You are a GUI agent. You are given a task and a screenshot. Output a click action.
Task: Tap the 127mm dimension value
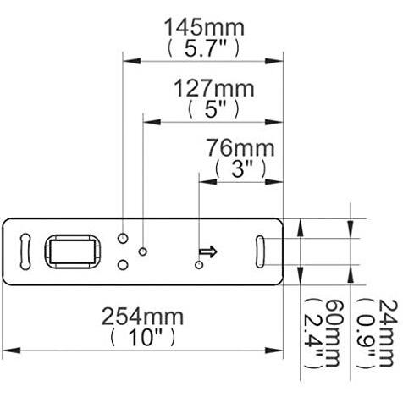tap(211, 88)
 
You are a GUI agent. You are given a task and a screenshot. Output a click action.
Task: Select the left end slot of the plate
tap(25, 251)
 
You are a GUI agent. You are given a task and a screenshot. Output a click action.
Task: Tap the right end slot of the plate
tap(262, 251)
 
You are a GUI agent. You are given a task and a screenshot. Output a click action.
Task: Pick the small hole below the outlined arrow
tap(199, 265)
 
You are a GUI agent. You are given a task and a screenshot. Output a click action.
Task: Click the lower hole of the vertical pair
tap(124, 264)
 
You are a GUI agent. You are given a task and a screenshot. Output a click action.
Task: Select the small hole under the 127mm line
tap(144, 251)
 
